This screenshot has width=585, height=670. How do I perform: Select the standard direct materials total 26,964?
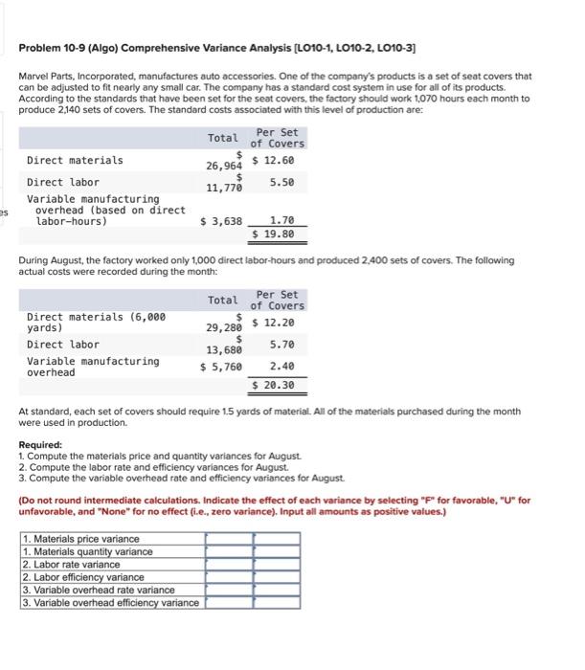[x=226, y=165]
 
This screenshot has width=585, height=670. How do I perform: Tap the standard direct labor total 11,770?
[x=226, y=187]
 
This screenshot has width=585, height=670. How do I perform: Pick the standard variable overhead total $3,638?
[x=221, y=221]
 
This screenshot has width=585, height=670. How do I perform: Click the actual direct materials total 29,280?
[x=226, y=327]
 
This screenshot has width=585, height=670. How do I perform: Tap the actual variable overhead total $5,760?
[x=221, y=367]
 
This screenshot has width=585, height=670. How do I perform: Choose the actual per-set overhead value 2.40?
[x=281, y=367]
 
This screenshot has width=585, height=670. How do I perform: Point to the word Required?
[x=40, y=445]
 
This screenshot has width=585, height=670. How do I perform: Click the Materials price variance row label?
[x=80, y=539]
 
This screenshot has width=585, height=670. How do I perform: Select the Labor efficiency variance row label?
[x=84, y=577]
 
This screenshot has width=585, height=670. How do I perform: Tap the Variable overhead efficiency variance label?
[x=110, y=602]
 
